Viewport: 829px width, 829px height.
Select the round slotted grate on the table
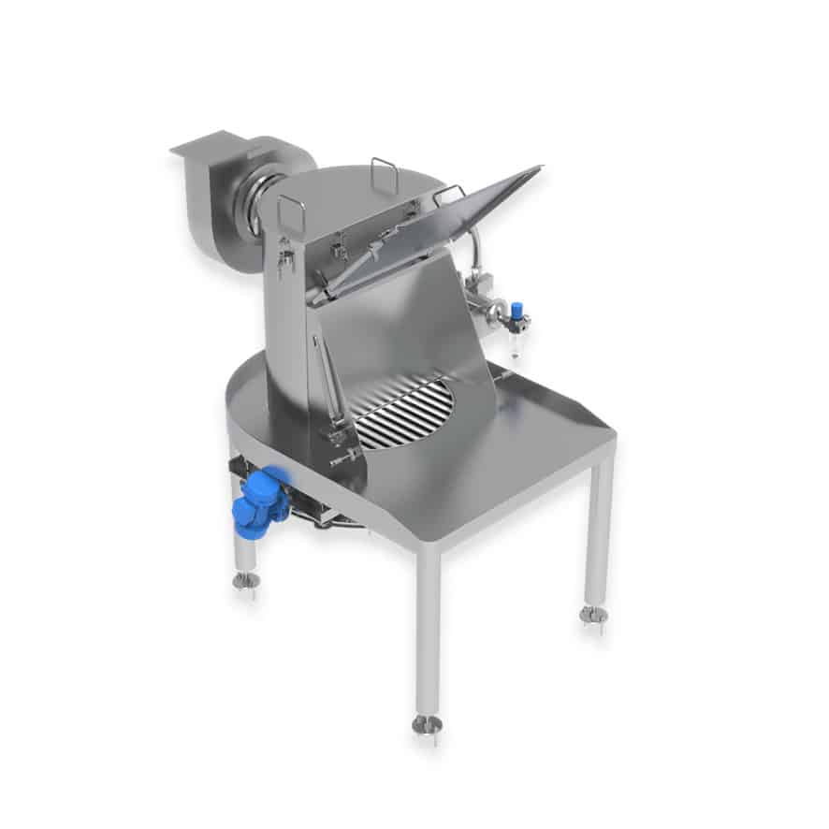(405, 412)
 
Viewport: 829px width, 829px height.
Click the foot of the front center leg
(427, 724)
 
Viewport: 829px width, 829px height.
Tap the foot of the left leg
(246, 582)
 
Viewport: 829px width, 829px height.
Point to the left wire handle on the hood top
(291, 214)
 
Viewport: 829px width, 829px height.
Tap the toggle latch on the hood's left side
(284, 255)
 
